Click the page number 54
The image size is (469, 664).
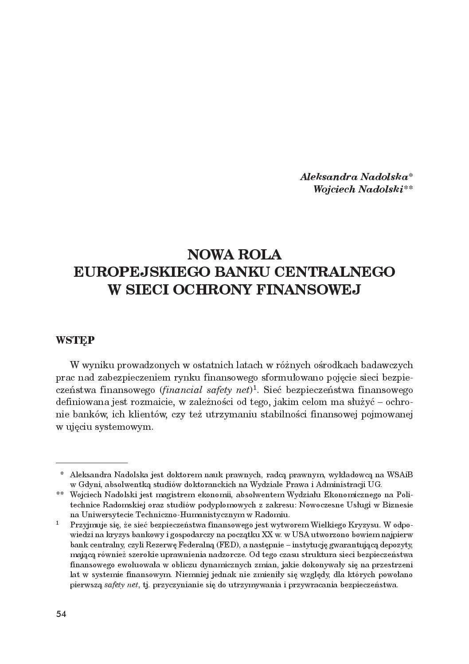(x=61, y=614)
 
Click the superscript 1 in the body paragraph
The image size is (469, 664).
(x=255, y=388)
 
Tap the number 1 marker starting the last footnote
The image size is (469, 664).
(x=58, y=524)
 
